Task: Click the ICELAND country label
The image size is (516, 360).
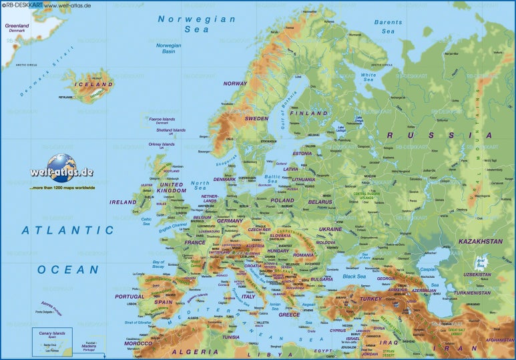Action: tap(93, 85)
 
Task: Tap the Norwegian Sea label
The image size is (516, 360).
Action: tap(196, 24)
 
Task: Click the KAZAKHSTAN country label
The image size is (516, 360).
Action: tap(481, 241)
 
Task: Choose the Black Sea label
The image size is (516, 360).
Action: tap(354, 277)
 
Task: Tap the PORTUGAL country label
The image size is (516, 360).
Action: tap(129, 297)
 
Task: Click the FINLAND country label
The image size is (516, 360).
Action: tap(308, 114)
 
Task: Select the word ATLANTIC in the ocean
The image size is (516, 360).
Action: tap(67, 230)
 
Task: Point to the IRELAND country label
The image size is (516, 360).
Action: tap(123, 202)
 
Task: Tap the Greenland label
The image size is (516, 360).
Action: tap(17, 27)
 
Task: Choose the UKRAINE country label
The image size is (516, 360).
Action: tap(330, 229)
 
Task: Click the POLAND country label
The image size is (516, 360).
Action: tap(282, 200)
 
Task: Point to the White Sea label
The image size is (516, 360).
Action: tap(368, 77)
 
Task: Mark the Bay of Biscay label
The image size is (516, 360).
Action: tap(158, 264)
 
